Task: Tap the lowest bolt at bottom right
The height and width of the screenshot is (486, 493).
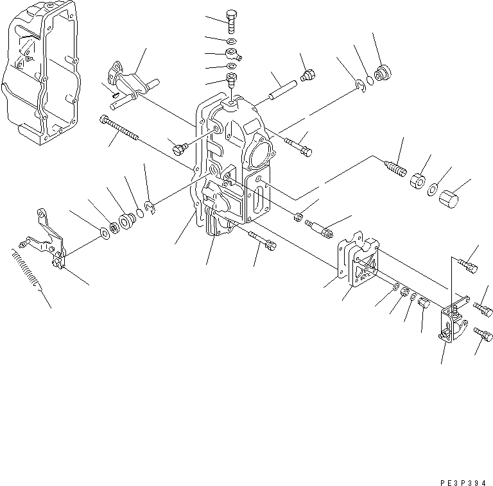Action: (484, 335)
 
